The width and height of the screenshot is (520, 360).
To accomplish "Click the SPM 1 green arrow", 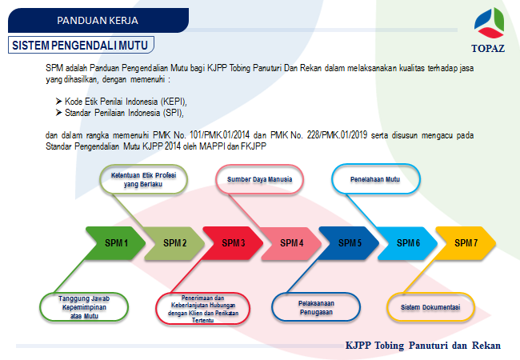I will coord(117,242).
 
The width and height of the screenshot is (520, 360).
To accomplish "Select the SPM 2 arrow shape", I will coord(175,242).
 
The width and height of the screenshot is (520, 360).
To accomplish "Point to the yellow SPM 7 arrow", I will coord(466,242).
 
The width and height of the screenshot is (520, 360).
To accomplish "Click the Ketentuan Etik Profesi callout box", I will coord(144,178).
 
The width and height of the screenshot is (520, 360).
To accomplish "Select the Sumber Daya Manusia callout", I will coord(260,179).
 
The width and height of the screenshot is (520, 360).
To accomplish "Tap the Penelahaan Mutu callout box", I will coord(375,179).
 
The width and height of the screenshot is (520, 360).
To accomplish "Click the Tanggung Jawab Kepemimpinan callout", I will coord(84,307).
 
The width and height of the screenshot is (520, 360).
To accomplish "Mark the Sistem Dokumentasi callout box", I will coord(430,307).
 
